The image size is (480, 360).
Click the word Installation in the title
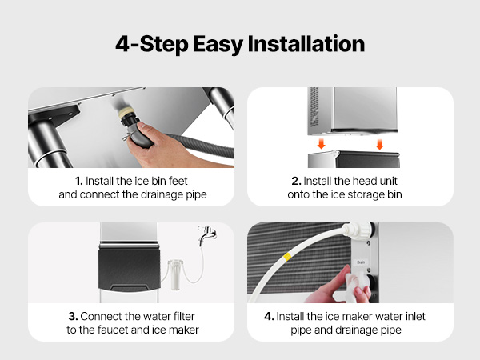306,44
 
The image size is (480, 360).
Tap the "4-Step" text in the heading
151,44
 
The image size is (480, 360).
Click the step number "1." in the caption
79,181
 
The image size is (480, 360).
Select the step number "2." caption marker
296,181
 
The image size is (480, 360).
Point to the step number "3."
73,316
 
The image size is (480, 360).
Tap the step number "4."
269,316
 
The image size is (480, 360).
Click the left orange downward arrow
321,143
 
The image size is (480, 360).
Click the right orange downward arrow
379,144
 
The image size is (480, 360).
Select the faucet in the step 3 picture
207,234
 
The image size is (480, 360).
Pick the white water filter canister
175,274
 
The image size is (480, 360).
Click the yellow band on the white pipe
287,257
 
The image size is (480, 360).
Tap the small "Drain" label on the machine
361,262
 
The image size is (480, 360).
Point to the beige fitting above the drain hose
126,111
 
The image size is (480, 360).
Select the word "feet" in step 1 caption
178,181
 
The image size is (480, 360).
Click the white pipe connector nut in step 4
358,230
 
